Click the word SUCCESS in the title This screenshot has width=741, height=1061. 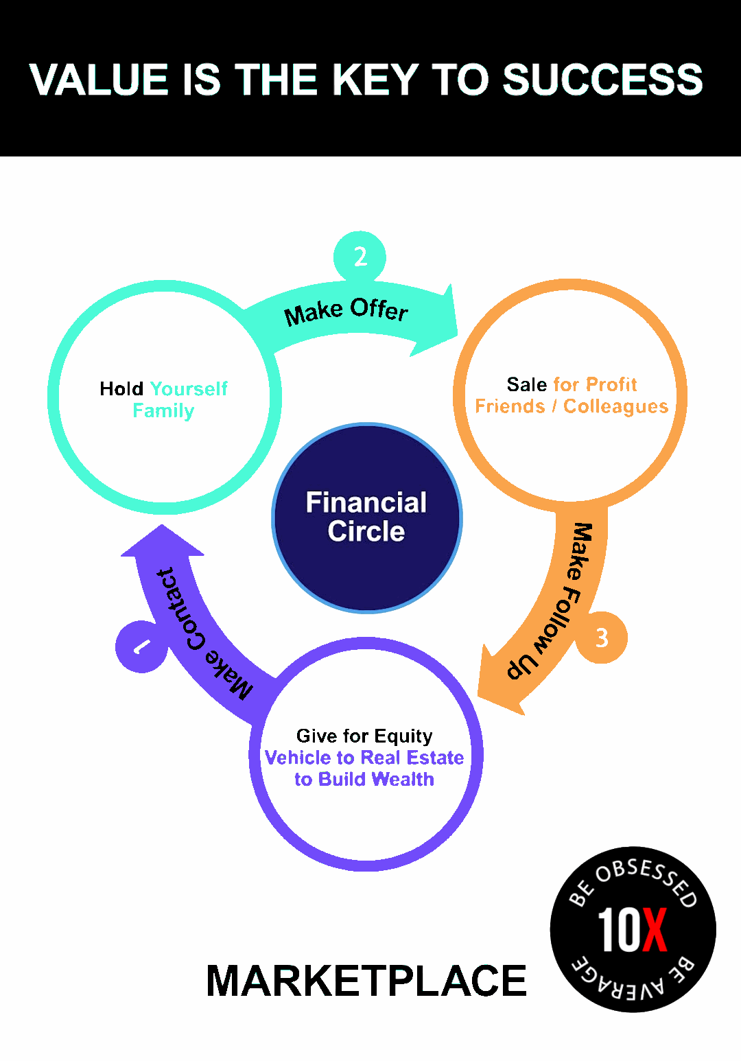pos(602,80)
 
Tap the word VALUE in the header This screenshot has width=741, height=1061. pos(99,80)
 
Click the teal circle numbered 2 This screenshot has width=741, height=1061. pos(360,257)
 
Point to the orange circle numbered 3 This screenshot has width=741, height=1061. pos(602,638)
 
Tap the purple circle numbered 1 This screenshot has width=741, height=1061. pos(141,646)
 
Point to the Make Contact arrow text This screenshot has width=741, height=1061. pos(199,631)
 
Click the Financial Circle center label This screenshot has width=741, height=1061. pos(366,517)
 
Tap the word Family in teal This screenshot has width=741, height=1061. pos(163,410)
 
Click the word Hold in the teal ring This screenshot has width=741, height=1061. pos(121,389)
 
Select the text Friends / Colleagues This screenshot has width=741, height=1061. pos(572,406)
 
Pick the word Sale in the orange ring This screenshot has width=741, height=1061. pos(527,384)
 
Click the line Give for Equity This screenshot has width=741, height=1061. pos(364,736)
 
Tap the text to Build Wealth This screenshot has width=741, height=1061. pos(364,780)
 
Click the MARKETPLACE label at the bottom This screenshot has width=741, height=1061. pos(366,981)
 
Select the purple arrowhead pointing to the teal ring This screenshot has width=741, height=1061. pos(163,542)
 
